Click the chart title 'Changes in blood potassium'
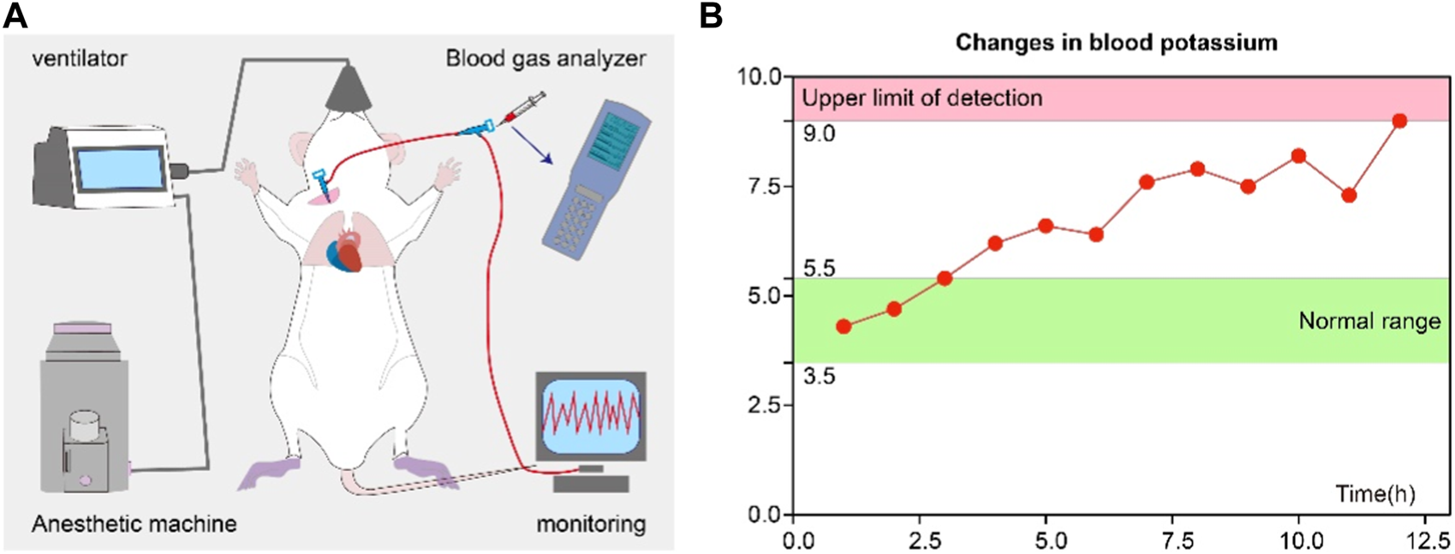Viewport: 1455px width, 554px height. pos(1116,42)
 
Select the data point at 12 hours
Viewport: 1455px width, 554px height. pos(1399,121)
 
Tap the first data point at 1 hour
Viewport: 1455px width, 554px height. pos(844,326)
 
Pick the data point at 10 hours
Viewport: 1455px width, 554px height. pos(1298,156)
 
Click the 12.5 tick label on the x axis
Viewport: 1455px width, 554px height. pos(1425,541)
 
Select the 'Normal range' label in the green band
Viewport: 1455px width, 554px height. pos(1369,321)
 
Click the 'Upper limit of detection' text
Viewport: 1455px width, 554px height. pos(921,98)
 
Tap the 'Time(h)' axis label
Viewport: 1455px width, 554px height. pos(1375,493)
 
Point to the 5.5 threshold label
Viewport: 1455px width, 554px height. pos(819,269)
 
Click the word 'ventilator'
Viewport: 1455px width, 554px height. pos(79,58)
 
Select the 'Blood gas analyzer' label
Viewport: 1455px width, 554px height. pos(546,58)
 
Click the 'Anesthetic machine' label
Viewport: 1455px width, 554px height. pos(134,522)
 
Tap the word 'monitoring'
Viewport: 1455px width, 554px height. pos(591,522)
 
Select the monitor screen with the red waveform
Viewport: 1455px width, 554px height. pos(591,416)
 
